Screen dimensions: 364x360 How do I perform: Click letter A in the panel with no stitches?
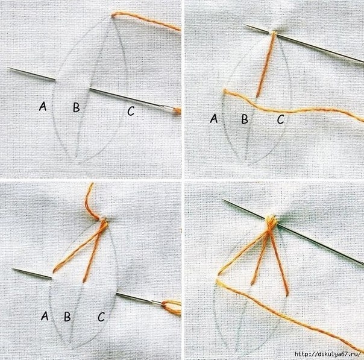(43, 106)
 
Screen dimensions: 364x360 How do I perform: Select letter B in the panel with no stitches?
(77, 107)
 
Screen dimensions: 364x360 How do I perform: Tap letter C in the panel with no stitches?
(131, 111)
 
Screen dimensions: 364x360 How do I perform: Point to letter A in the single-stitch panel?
(214, 118)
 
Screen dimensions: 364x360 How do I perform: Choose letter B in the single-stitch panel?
(245, 119)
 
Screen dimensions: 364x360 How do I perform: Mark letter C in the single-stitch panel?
(281, 119)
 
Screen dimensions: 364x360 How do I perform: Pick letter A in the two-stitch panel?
(45, 316)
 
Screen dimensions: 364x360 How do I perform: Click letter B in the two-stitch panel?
(67, 317)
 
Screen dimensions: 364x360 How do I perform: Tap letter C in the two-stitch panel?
(101, 317)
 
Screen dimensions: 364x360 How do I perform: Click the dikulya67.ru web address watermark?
(328, 355)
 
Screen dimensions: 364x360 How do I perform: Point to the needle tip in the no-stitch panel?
(8, 68)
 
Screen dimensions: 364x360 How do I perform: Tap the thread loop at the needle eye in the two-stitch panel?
(171, 307)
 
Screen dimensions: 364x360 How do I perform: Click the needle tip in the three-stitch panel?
(223, 200)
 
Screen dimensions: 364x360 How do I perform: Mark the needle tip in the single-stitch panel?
(245, 25)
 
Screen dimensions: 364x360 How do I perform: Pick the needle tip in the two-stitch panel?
(13, 269)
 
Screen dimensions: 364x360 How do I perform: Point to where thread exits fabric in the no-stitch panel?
(113, 16)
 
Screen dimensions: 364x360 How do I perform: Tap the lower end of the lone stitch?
(257, 96)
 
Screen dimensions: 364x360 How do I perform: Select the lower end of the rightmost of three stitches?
(287, 294)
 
